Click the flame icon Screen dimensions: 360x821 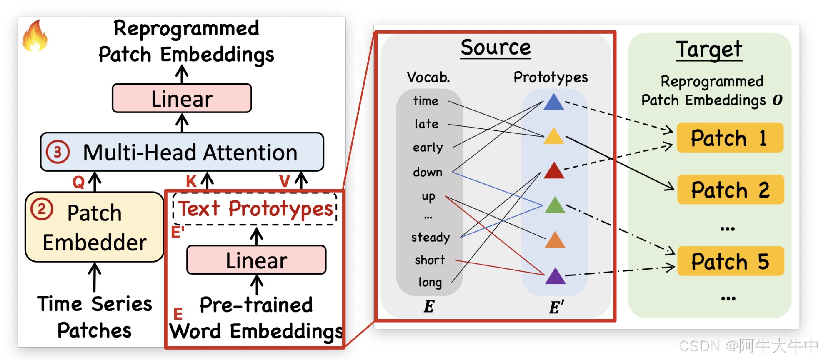tap(35, 37)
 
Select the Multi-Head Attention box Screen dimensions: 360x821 tap(182, 152)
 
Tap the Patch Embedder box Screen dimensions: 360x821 tap(94, 227)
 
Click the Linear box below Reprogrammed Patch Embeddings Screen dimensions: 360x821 tap(182, 98)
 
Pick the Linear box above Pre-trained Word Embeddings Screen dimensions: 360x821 tap(256, 260)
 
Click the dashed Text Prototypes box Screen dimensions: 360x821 tap(255, 209)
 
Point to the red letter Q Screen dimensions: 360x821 tap(78, 182)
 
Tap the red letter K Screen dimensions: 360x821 tap(191, 181)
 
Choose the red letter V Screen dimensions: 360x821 tap(285, 181)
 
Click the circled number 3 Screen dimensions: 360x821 tap(58, 152)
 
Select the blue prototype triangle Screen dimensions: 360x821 tap(553, 102)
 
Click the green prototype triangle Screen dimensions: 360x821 tap(555, 205)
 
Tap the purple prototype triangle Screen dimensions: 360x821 tap(555, 276)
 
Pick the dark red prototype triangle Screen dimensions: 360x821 tap(554, 171)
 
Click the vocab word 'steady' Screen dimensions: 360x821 tap(431, 237)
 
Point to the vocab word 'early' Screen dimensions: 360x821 tap(428, 148)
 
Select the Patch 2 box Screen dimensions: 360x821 tap(730, 190)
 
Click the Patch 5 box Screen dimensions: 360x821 tap(730, 261)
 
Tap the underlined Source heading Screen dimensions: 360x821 tap(496, 47)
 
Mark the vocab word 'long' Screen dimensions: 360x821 tap(430, 282)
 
